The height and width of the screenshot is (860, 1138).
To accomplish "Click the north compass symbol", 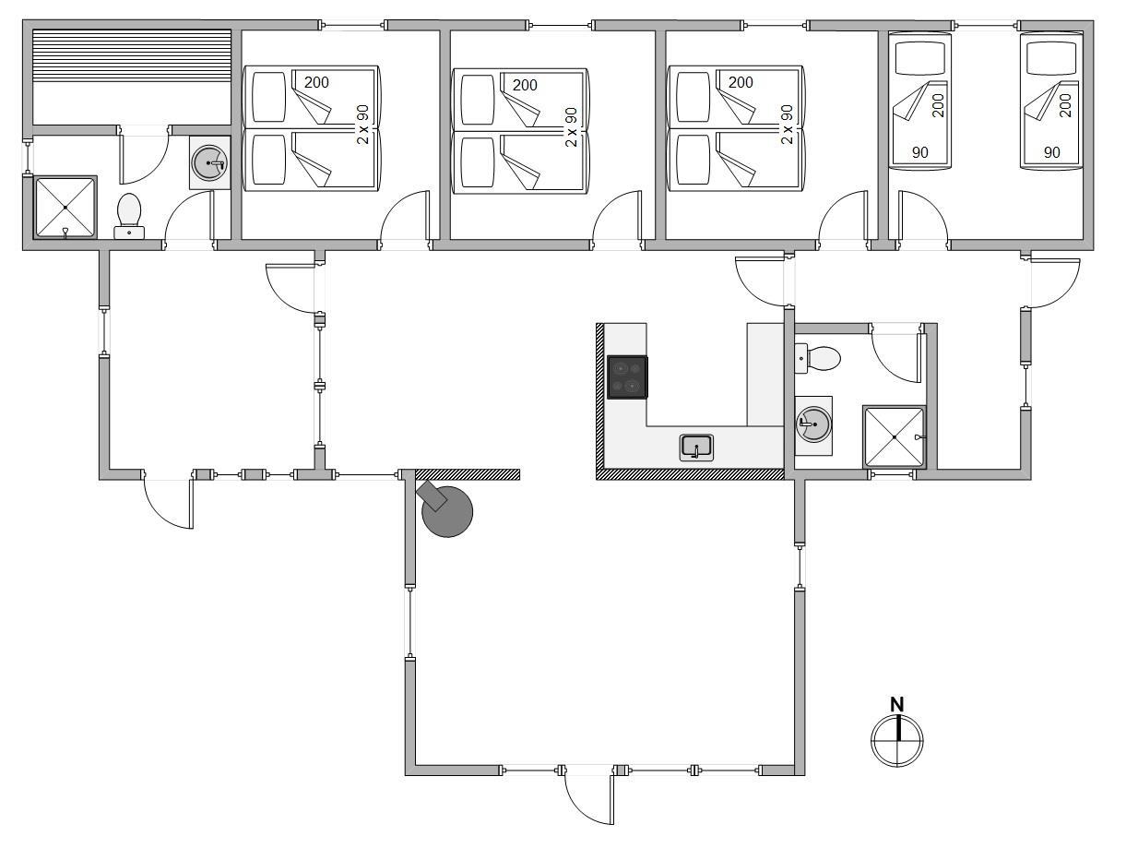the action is [x=896, y=741].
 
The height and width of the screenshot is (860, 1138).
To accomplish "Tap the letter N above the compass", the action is [x=896, y=704].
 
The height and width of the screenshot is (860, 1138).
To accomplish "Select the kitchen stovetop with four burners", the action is [x=627, y=377].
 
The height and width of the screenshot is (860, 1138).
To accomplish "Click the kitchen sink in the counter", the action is [x=696, y=448].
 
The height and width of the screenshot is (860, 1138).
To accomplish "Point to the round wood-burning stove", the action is [x=446, y=511].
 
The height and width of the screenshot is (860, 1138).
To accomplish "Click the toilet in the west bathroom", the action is [x=128, y=216].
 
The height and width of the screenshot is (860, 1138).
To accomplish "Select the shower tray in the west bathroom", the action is [x=65, y=208].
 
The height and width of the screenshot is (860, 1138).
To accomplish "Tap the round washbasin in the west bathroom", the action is [x=209, y=163].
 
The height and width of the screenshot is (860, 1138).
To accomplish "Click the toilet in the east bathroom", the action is [x=817, y=358].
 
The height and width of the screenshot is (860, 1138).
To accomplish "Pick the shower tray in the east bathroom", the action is [x=895, y=437].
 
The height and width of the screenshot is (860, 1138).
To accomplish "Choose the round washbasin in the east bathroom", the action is [x=813, y=424].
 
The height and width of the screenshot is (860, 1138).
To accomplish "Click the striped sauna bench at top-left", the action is [x=132, y=55].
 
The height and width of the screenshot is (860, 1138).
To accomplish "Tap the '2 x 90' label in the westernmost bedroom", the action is [x=362, y=125].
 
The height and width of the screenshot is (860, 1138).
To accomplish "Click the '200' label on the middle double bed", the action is [x=525, y=85].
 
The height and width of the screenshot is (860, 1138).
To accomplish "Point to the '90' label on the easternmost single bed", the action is [x=1051, y=152].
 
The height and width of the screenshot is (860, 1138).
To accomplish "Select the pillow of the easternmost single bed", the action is [x=1052, y=58].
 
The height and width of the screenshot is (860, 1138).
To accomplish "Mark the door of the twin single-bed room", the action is [x=924, y=216].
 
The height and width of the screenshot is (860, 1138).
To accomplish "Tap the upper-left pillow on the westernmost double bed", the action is [x=268, y=98].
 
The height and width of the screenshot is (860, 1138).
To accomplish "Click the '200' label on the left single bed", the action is [x=938, y=105].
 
